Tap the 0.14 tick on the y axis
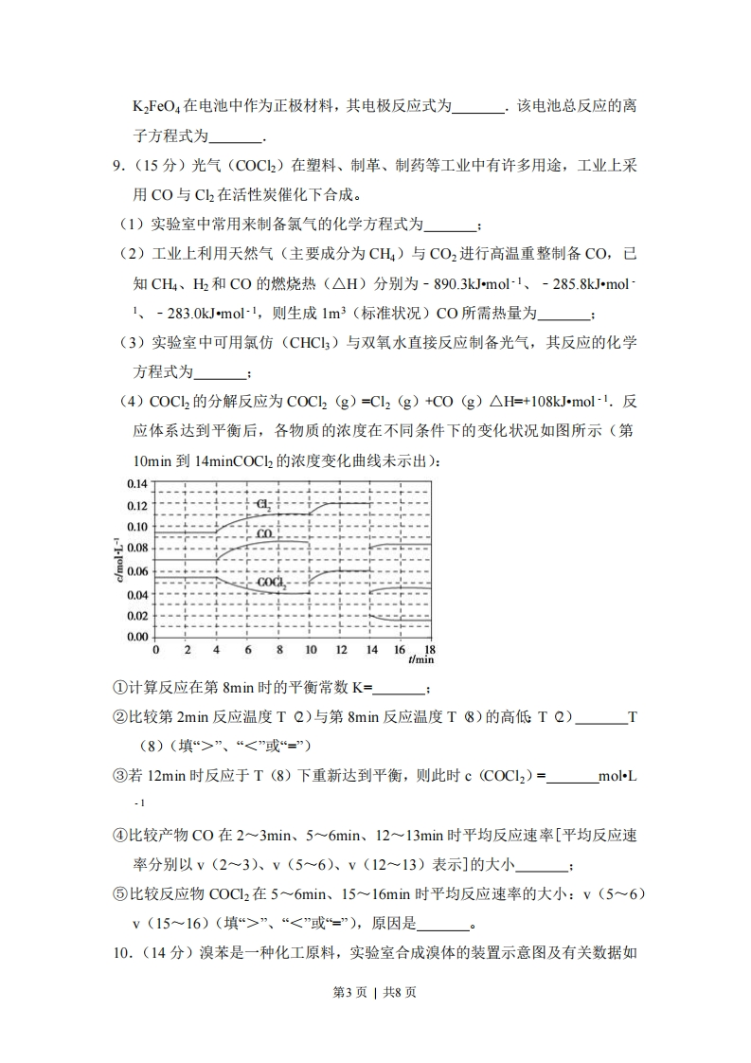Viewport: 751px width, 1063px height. click(137, 483)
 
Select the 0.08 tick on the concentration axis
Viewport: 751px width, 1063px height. click(137, 549)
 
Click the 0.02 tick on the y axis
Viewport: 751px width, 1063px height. click(137, 616)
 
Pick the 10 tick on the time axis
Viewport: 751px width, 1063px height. click(311, 650)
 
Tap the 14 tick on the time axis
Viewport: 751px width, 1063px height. click(372, 650)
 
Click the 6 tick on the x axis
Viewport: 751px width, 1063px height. click(248, 650)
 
